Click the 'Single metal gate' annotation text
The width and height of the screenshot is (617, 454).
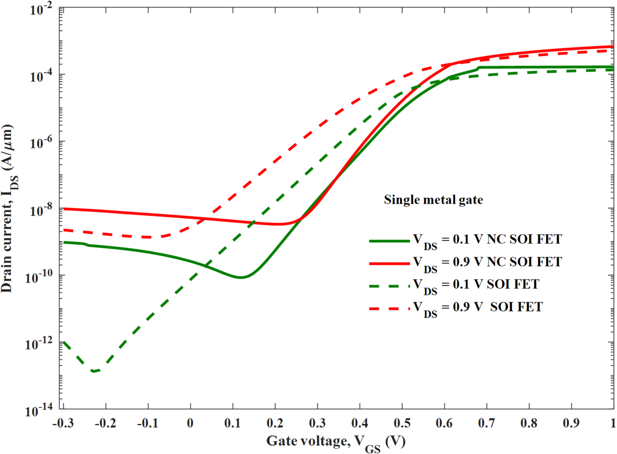click(433, 200)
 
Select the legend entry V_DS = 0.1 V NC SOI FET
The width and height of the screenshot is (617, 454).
click(487, 240)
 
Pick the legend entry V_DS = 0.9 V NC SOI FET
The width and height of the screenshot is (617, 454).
click(487, 262)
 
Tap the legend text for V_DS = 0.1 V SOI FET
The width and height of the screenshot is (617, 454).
click(476, 285)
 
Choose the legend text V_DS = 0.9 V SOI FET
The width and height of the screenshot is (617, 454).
click(478, 307)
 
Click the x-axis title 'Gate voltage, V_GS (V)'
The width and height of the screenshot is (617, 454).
click(336, 442)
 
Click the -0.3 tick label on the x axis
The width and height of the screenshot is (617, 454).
click(63, 423)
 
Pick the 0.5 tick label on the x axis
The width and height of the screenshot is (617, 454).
click(402, 423)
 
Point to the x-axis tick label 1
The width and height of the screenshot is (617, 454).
click(613, 423)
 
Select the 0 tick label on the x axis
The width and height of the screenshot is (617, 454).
click(190, 423)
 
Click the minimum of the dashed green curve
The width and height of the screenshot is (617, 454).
click(94, 371)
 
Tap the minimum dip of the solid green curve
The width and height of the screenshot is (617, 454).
click(241, 277)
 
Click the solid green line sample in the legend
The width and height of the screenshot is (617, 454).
click(389, 241)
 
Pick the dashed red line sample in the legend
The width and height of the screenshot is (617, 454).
click(389, 308)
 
